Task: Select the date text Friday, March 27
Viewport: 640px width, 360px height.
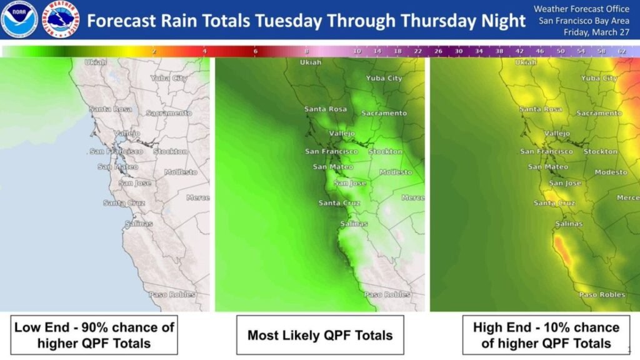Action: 596,32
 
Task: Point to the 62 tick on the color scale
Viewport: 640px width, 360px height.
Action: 622,51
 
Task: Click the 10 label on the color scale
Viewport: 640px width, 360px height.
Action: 357,51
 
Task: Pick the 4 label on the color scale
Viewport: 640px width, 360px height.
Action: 205,51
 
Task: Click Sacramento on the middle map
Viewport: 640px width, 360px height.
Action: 384,113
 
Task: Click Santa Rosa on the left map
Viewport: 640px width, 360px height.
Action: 111,109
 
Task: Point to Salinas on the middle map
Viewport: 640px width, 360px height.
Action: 353,224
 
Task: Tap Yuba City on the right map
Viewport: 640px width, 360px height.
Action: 599,78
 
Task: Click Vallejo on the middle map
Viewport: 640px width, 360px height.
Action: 342,133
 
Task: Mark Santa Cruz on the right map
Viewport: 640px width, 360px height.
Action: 554,203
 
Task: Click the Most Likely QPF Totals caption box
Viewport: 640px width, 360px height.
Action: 320,335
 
